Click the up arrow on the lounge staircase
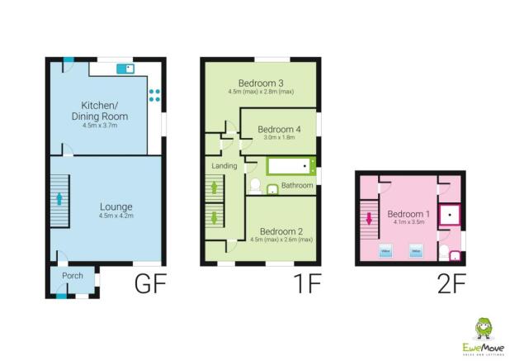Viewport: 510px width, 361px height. pos(59,199)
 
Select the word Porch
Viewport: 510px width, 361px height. pos(72,275)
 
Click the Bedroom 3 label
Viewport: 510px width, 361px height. pos(261,83)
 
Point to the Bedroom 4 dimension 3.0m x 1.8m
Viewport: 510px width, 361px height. pos(277,139)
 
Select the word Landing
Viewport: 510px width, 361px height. pos(224,166)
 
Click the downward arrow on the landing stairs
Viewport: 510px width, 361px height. pos(215,218)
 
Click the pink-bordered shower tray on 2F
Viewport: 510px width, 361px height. pos(449,215)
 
